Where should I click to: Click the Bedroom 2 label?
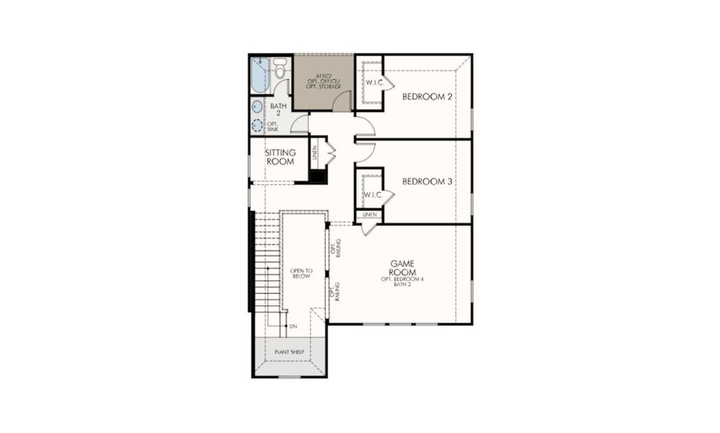(427, 97)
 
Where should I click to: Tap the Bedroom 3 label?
(427, 182)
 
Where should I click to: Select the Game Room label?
(402, 268)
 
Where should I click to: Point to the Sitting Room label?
(279, 157)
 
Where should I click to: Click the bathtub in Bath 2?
(260, 74)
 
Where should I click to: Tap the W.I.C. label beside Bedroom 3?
(373, 195)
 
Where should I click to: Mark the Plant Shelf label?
(289, 352)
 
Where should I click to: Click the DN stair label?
(293, 327)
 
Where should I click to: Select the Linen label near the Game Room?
(369, 215)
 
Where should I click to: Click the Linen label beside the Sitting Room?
(314, 153)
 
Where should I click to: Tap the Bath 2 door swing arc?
(298, 124)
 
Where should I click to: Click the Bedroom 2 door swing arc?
(365, 128)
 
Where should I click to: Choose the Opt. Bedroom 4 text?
(403, 279)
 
